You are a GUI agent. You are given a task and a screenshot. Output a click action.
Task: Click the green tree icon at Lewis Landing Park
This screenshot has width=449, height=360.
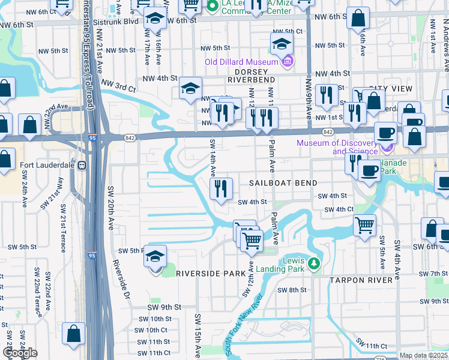[313, 263]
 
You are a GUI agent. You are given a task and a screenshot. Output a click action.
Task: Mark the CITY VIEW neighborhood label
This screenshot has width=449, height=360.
[391, 89]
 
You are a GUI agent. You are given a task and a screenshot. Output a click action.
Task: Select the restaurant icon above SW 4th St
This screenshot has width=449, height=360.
[221, 189]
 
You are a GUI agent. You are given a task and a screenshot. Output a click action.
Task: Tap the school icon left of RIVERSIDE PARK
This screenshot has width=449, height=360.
[155, 257]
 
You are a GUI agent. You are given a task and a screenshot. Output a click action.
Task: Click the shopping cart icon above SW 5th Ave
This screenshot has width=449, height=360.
[364, 226]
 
